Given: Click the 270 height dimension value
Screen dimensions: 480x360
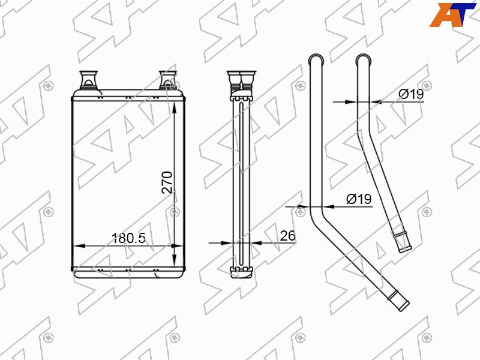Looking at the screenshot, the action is (x=167, y=182).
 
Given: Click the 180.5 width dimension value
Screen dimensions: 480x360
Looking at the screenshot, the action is (x=128, y=238).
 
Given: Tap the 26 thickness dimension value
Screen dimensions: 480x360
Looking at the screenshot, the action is (x=287, y=236).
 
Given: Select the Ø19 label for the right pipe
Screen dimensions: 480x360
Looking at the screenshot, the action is (x=411, y=94).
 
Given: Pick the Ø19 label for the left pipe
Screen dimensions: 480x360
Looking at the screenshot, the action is (x=359, y=199).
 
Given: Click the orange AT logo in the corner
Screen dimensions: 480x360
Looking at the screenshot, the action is (x=452, y=14).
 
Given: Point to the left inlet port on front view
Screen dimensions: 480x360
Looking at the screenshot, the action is (x=88, y=80).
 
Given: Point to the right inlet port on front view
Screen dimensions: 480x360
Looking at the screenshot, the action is (x=168, y=80).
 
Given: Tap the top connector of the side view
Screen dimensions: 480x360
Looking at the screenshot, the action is (x=241, y=80).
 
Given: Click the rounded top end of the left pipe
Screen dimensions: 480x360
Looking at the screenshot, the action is (x=316, y=58).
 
